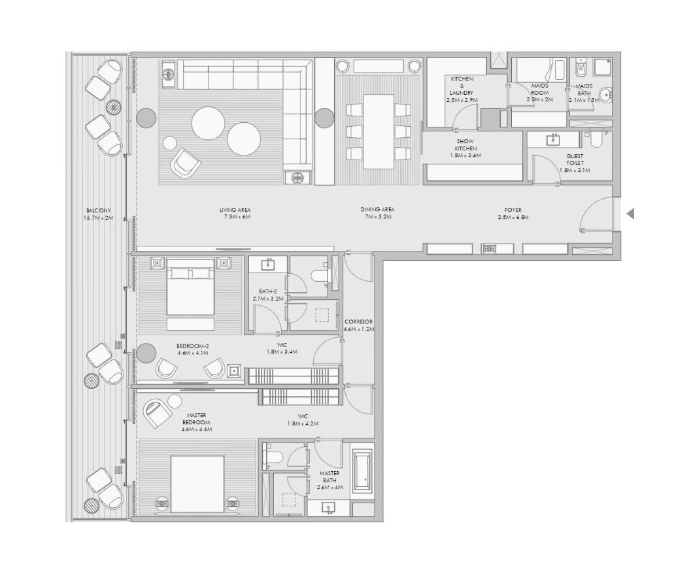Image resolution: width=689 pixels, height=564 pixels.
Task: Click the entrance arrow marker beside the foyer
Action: tap(630, 213)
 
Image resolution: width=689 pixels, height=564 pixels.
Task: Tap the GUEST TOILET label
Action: tap(575, 163)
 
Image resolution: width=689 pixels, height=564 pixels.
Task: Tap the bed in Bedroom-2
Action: tap(190, 289)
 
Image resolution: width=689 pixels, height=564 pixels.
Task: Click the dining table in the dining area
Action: tap(378, 131)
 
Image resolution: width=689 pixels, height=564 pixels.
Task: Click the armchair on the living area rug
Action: tap(185, 163)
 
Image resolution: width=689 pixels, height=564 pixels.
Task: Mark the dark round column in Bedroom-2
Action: tap(145, 354)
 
